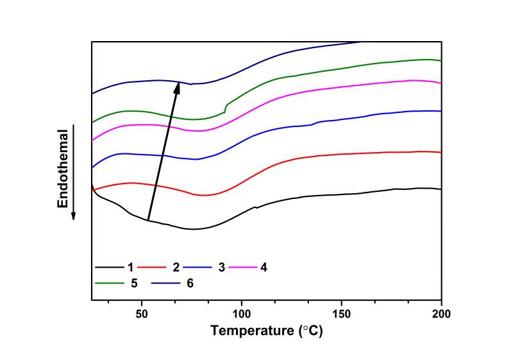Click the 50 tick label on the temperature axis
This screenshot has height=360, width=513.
point(142,314)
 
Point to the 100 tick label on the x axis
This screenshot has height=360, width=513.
point(242,314)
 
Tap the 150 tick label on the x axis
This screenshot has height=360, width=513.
point(342,314)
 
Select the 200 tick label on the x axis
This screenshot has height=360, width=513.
point(441,314)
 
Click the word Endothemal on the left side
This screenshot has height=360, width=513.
point(63,168)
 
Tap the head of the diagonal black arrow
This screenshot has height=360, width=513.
point(178,83)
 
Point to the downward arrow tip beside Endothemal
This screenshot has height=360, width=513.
point(74,217)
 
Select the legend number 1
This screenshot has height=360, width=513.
point(130,266)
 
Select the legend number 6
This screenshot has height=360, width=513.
point(190,282)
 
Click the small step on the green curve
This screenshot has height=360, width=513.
point(225,108)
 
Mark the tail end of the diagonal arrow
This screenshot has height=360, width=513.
point(148,221)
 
